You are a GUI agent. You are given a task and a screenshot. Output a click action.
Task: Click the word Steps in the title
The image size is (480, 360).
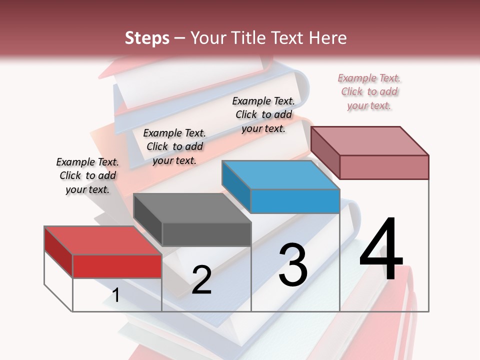147,38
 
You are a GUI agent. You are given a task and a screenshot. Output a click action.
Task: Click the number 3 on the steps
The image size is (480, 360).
293,264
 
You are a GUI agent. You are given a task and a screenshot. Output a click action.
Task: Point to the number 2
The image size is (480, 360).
201,280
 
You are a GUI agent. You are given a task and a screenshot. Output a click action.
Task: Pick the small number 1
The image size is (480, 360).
116,295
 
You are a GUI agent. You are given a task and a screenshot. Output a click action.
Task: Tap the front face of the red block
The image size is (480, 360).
117,266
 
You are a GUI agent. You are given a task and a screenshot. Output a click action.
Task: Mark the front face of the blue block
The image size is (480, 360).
295,201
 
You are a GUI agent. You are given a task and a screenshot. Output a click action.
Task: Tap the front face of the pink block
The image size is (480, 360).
384,167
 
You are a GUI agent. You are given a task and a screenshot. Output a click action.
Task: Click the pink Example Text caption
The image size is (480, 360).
369,91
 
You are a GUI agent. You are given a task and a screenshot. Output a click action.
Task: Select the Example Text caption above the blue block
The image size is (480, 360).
263,114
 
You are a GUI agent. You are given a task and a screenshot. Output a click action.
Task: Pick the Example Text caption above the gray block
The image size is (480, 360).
174,146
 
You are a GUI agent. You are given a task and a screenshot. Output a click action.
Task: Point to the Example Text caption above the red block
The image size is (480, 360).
87,175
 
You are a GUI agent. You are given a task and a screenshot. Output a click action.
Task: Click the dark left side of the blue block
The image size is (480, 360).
236,184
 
